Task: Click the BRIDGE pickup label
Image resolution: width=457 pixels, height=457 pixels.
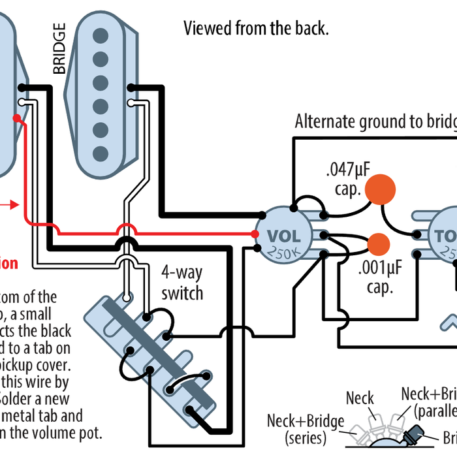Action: point(59,49)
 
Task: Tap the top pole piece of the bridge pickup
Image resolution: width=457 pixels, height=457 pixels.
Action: point(101,35)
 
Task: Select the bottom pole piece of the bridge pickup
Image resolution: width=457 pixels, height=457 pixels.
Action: point(101,153)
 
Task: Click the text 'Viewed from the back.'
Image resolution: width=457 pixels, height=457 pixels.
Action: point(256,28)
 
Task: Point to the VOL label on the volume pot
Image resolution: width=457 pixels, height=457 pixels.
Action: point(284,236)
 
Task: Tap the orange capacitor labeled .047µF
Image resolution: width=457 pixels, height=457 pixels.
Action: point(380,189)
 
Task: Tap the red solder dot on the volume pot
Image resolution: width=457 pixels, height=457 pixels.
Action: point(255,234)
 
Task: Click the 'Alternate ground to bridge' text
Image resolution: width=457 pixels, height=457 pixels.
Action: point(375,121)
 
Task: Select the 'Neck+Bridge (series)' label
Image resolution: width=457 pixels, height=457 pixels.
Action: point(305,428)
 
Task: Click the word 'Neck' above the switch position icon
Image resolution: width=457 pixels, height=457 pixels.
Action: point(360,398)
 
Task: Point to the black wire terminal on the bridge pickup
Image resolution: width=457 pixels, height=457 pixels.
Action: point(133,88)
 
